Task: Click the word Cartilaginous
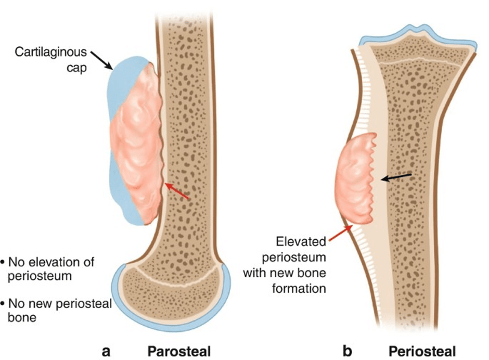coord(50,52)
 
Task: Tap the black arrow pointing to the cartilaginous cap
coord(101,60)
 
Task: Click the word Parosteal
coord(179,351)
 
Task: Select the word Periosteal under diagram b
coord(422,351)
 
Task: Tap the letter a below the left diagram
coord(106,352)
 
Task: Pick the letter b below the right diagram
coord(348,351)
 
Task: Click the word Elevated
coord(301,241)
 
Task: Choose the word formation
coord(299,289)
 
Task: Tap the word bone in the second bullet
coord(22,317)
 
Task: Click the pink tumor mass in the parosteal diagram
coord(137,144)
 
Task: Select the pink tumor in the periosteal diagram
coord(355,179)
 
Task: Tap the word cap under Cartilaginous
coord(76,68)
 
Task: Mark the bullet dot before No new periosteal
coord(3,303)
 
